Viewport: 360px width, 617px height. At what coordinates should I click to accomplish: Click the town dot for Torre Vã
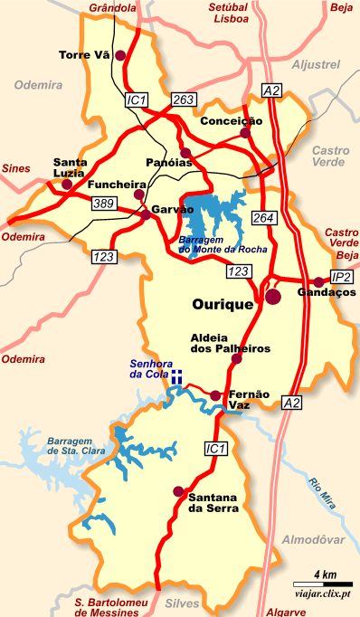click(115, 54)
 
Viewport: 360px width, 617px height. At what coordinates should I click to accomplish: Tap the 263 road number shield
click(183, 100)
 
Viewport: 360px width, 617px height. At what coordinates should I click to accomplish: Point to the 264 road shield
click(263, 218)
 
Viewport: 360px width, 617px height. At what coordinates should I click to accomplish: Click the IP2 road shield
click(342, 277)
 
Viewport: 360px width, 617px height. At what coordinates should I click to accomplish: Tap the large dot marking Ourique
click(272, 295)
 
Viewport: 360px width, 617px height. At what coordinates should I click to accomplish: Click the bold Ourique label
click(223, 305)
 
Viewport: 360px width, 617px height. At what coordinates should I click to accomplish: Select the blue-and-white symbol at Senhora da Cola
click(179, 375)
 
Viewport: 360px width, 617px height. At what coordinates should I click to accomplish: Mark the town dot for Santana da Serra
click(177, 492)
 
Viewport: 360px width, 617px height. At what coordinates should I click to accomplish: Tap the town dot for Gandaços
click(318, 281)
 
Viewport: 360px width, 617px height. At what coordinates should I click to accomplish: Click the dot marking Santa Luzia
click(66, 185)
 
